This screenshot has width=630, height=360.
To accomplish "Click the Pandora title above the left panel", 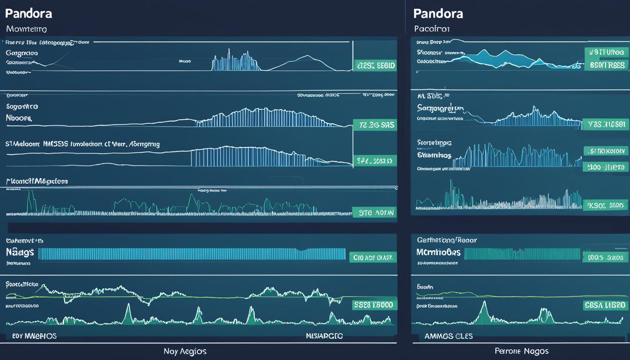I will coord(29,13).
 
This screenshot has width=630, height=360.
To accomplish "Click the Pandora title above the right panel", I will coord(439,13).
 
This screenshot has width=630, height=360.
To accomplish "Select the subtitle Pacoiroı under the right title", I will coord(432,29).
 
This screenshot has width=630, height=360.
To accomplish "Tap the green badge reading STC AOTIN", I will coord(374,213).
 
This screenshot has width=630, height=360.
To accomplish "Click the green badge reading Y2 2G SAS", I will coord(374,125).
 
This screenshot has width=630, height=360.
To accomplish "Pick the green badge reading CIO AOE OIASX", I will coord(373,257).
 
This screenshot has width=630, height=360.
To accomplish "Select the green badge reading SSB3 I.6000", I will coord(374,305).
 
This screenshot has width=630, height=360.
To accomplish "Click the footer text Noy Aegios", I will coord(185,351).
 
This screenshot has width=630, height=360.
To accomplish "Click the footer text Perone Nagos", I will coord(521,351).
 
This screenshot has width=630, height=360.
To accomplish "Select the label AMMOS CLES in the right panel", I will coord(449,336).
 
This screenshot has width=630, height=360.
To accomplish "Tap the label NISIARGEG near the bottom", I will coord(324,336).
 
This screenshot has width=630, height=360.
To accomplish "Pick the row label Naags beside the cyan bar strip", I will coord(20,253).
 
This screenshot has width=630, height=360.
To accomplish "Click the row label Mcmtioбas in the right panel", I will coord(438,253).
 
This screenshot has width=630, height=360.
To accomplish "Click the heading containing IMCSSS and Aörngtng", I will coord(82,144).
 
